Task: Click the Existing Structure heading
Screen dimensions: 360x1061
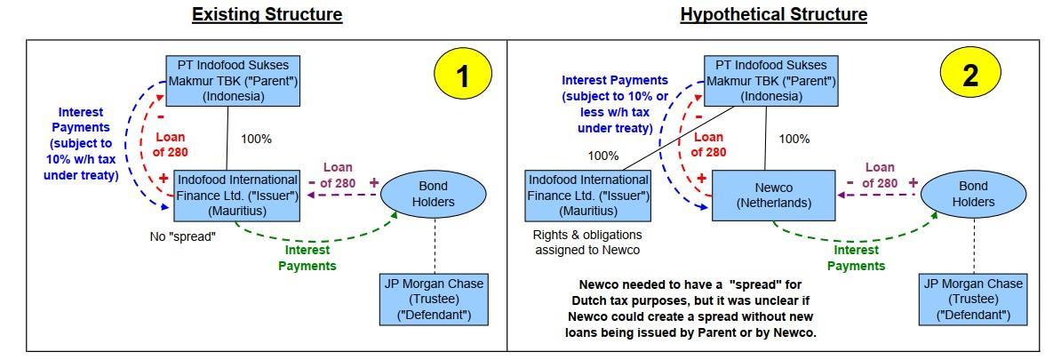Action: point(267,14)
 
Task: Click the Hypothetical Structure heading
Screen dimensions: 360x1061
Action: point(773,14)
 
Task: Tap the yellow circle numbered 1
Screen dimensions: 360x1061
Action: point(462,75)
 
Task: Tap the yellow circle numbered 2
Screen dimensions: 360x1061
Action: point(969,75)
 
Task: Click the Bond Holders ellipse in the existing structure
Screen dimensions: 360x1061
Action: point(434,194)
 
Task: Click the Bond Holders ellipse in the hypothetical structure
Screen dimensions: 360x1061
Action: point(973,194)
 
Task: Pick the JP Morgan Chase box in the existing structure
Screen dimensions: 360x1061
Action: point(434,300)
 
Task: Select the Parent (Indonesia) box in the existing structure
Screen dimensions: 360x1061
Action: point(233,80)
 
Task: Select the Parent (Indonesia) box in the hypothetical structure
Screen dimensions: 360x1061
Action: point(770,80)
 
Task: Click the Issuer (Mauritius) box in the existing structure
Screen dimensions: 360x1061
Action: point(237,195)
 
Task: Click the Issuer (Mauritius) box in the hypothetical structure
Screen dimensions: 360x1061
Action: point(588,195)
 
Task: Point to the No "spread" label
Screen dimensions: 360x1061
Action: point(182,237)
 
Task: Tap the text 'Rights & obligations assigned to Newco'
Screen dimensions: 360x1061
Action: point(587,243)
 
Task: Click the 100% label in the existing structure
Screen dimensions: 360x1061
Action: point(256,139)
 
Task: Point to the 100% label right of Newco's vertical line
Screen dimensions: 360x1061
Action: point(794,139)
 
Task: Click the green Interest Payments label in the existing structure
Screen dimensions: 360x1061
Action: point(308,258)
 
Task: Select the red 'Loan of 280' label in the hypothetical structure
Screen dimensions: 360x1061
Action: point(709,144)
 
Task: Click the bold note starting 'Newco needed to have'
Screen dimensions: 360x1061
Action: point(690,308)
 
